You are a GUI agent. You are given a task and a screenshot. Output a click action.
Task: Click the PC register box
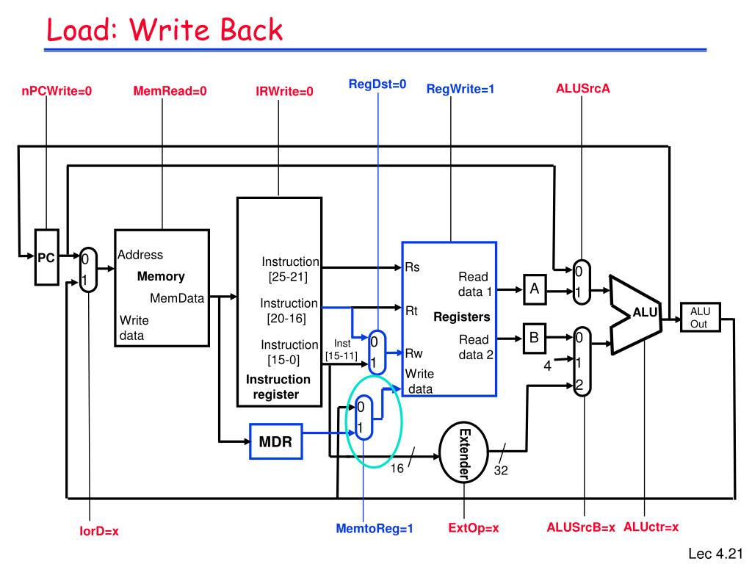(46, 258)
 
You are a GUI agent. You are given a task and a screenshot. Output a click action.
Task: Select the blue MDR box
(276, 441)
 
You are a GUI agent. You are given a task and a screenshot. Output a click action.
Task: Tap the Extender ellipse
(464, 452)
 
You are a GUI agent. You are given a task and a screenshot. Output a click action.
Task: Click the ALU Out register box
(700, 317)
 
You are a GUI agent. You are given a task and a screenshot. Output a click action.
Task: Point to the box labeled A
(535, 289)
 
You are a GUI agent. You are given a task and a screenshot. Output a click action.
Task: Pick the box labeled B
(534, 338)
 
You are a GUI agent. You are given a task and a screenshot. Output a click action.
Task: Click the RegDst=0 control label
(377, 84)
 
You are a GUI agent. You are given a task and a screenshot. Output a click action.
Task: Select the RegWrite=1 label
(460, 89)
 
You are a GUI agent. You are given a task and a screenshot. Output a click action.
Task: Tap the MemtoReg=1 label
(375, 529)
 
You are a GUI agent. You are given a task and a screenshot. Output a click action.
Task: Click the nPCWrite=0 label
(57, 91)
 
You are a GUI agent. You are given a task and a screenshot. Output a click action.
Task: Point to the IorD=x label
(99, 531)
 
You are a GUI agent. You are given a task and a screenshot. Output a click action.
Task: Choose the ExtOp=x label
(474, 528)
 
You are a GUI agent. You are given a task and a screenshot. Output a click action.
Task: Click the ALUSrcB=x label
(581, 527)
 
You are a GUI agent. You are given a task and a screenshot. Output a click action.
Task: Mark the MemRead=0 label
(170, 91)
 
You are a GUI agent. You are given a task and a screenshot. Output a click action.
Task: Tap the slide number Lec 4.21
(715, 554)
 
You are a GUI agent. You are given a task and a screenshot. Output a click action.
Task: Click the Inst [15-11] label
(341, 350)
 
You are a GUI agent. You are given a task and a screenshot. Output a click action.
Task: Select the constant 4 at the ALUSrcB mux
(547, 366)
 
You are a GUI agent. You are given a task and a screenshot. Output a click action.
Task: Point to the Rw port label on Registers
(413, 353)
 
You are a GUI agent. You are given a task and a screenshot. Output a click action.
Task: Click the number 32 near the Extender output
(501, 471)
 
